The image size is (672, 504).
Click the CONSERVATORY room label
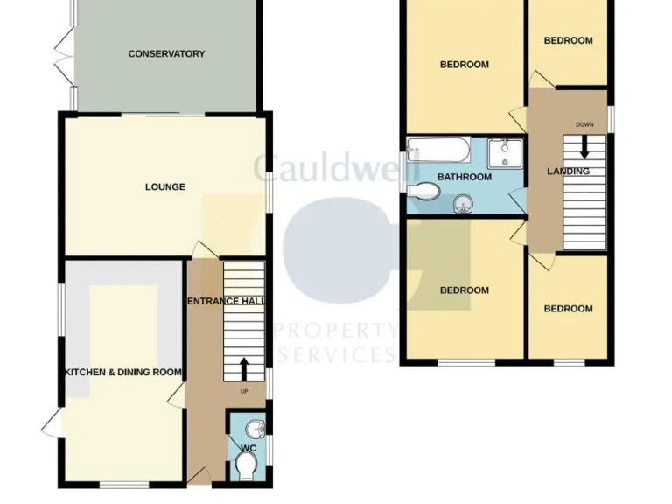point(166,54)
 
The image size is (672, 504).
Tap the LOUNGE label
point(165,186)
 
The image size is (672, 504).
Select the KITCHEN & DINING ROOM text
point(122,372)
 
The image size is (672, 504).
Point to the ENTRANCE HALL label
point(226,301)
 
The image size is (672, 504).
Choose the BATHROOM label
point(465,177)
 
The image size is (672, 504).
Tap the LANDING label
point(568,171)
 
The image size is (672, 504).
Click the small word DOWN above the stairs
point(584,124)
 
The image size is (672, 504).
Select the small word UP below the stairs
point(244,390)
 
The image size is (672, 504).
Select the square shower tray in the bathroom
point(504,153)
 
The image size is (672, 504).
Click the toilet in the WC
point(248,465)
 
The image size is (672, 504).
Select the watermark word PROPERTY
point(335,331)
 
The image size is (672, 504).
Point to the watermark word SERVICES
point(337,355)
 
